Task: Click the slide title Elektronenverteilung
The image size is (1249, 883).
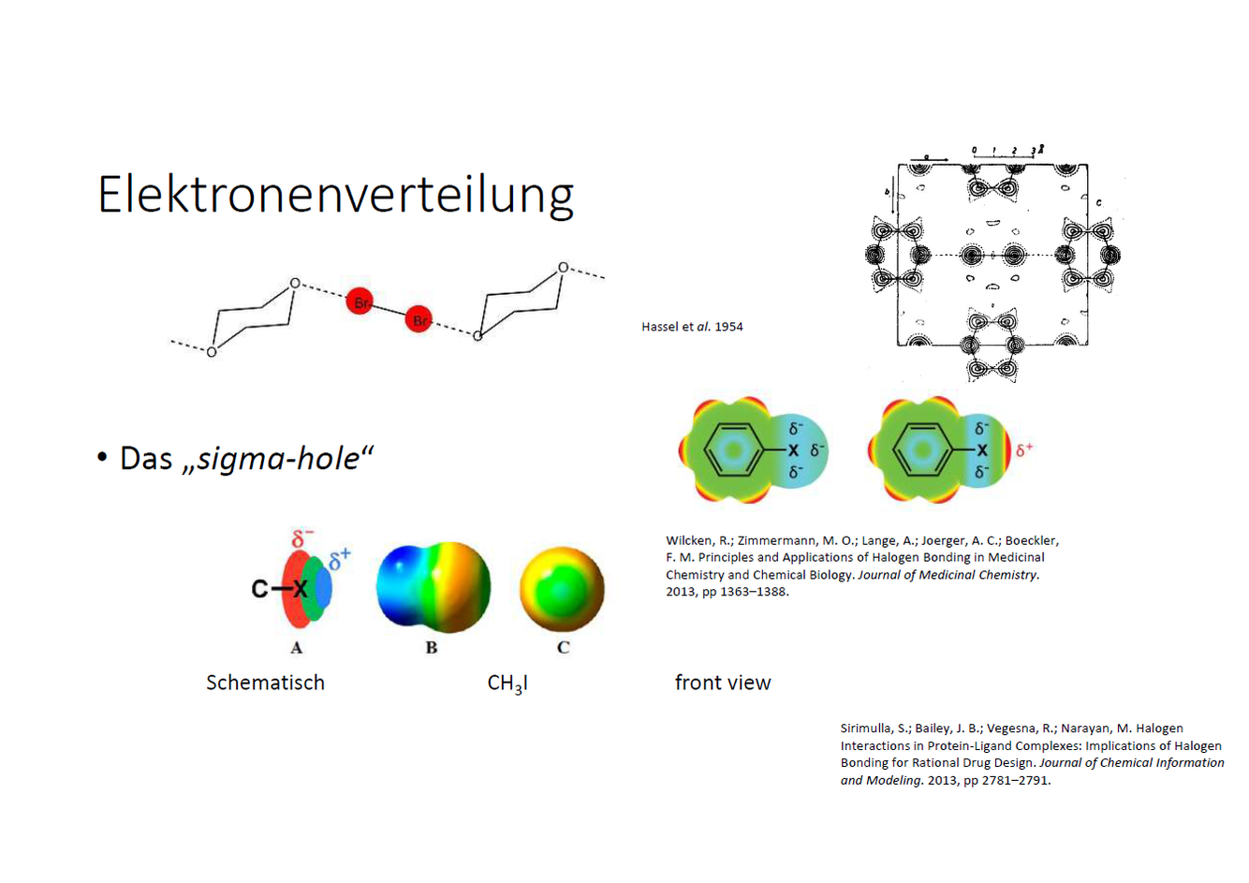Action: [335, 195]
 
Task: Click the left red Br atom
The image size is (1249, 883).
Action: [360, 302]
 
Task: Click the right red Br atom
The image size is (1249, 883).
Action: [419, 320]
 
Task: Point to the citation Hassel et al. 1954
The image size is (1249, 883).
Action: [692, 327]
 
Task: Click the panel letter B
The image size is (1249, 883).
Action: [432, 648]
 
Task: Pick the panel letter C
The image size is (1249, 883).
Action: [563, 648]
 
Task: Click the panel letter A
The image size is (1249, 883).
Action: [297, 648]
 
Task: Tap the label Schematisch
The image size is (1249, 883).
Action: [265, 683]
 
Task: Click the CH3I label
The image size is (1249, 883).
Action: [507, 684]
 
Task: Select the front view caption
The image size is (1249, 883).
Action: [723, 683]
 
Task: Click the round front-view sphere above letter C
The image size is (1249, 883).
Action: [562, 589]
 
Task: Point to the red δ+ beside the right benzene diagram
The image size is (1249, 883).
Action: [1024, 449]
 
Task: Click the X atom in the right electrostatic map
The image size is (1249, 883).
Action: [981, 450]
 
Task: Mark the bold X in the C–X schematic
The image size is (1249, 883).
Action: [300, 589]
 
